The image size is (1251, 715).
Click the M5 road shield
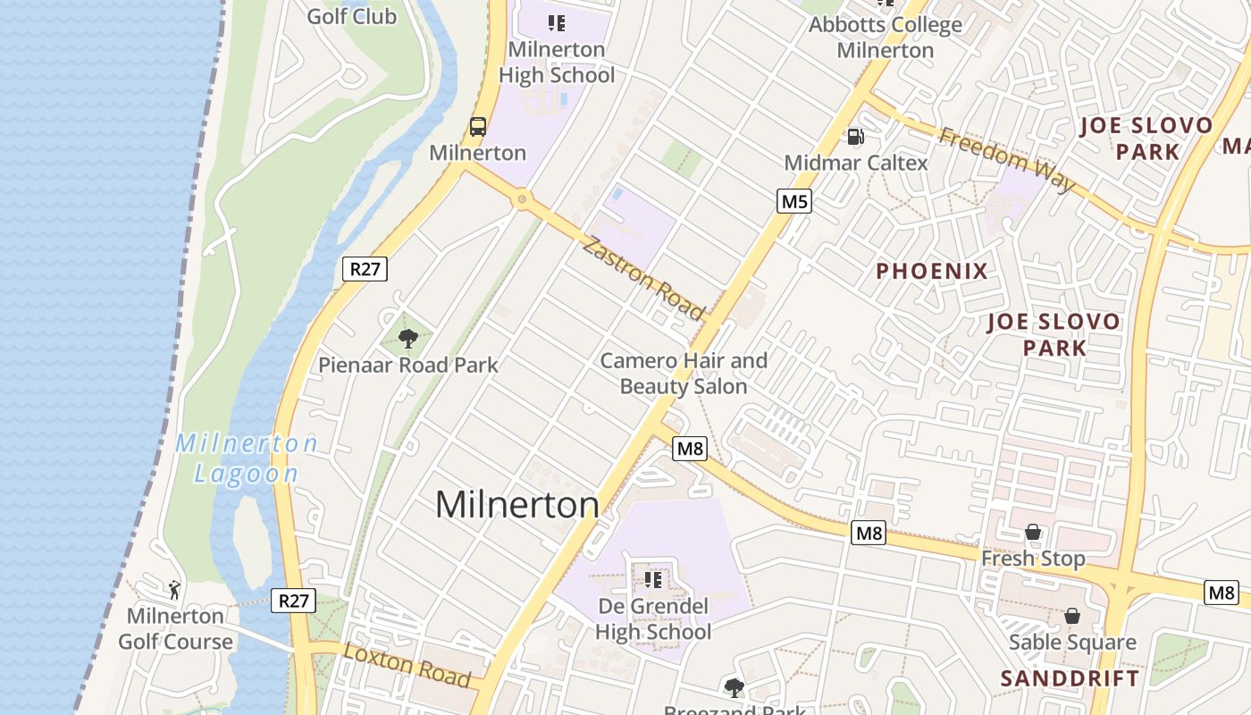[x=794, y=202]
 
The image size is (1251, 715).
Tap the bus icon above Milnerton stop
[x=478, y=127]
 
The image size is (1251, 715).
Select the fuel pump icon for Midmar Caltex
[x=855, y=137]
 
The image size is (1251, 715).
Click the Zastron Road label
[x=642, y=277]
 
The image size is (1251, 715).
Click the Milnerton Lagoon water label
[x=247, y=458]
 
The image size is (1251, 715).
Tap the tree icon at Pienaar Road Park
[x=407, y=339]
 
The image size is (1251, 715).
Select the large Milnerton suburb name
[x=516, y=505]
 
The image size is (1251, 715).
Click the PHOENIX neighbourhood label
[x=931, y=272]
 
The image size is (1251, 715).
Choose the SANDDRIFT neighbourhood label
[x=1070, y=678]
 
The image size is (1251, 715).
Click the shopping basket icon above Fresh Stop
[x=1033, y=533]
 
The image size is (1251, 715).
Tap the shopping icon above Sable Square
[x=1071, y=617]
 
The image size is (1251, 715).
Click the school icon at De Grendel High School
[x=653, y=580]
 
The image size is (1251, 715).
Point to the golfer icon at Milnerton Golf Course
[x=175, y=590]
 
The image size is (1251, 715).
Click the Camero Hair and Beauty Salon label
[x=684, y=374]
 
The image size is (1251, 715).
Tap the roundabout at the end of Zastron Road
[x=521, y=199]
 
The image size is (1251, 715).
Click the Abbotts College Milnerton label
[x=885, y=37]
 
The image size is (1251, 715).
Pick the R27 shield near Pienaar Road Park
[x=365, y=269]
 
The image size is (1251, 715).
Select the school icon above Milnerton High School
[x=557, y=23]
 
